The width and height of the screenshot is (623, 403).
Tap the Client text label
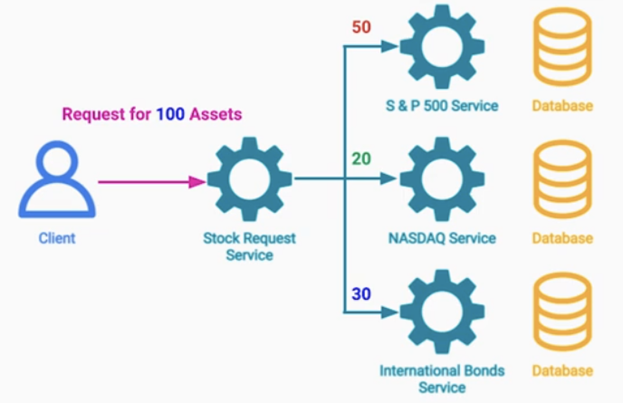[x=57, y=238]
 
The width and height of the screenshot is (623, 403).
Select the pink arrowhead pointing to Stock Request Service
[x=197, y=182]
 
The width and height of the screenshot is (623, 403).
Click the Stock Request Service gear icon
[x=249, y=179]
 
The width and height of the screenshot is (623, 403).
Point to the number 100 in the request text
[x=170, y=114]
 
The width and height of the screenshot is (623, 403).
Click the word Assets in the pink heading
[x=216, y=114]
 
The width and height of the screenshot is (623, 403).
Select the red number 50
[x=361, y=27]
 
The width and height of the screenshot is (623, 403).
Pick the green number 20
[x=361, y=159]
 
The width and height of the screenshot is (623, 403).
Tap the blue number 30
[x=361, y=294]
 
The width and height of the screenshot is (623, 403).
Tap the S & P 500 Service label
[x=441, y=106]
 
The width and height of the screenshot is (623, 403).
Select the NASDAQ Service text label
[x=442, y=238]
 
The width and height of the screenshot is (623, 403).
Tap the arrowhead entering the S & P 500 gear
[x=389, y=47]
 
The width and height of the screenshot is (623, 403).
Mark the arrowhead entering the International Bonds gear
[x=389, y=312]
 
